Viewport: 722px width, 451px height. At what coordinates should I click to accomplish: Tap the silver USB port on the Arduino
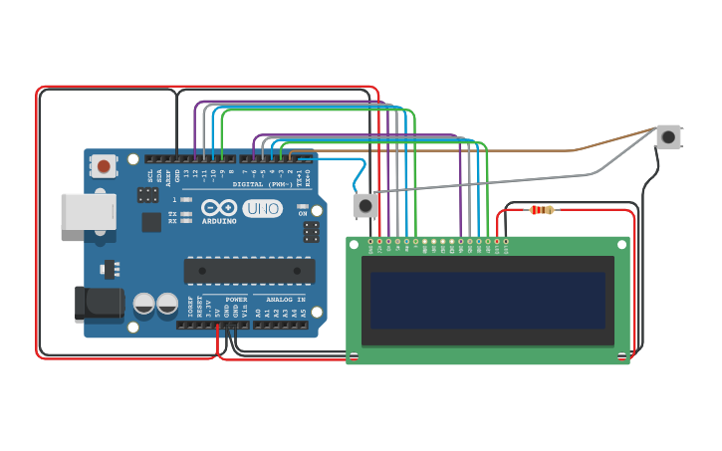[88, 211]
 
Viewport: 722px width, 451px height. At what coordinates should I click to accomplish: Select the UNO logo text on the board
[262, 209]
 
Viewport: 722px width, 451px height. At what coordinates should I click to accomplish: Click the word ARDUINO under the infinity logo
[219, 221]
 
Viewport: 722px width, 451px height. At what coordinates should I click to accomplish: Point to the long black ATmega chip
[249, 270]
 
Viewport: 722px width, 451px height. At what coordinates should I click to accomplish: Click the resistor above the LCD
[542, 210]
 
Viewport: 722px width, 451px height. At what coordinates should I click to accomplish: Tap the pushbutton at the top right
[668, 137]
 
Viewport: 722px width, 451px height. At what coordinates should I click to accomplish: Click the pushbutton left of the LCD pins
[365, 205]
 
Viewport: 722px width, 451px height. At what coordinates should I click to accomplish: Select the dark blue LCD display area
[487, 301]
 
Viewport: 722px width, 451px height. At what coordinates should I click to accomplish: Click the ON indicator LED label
[303, 213]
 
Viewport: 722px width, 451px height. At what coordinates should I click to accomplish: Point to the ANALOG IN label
[286, 299]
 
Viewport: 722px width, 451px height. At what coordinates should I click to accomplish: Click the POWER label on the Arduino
[236, 299]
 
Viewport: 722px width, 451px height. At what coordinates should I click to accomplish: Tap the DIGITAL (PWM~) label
[262, 184]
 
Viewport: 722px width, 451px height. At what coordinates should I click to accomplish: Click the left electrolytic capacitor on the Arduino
[144, 304]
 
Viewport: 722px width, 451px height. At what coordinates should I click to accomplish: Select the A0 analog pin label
[258, 312]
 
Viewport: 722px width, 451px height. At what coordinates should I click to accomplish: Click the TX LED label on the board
[172, 213]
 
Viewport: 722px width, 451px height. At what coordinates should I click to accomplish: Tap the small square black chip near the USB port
[151, 222]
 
